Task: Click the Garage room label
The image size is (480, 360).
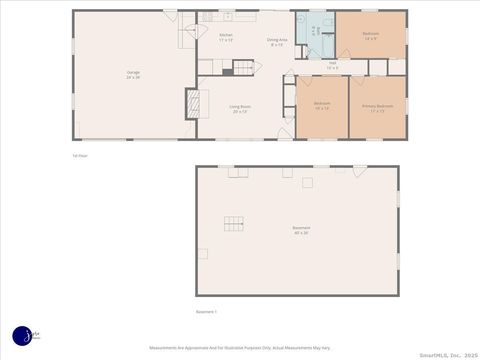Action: click(x=133, y=74)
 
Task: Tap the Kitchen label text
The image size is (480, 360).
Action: click(x=226, y=37)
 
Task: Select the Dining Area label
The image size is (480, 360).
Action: click(x=275, y=42)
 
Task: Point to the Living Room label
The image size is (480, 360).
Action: click(x=240, y=108)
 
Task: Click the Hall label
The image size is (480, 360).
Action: click(x=332, y=66)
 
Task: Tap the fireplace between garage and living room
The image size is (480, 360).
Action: click(x=193, y=103)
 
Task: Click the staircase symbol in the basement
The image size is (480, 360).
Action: click(x=233, y=223)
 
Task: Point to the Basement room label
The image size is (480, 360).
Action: click(x=300, y=229)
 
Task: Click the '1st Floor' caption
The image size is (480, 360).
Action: click(x=80, y=155)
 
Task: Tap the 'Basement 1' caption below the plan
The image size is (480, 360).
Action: click(x=207, y=311)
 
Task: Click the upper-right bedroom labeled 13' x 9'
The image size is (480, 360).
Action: click(x=370, y=36)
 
